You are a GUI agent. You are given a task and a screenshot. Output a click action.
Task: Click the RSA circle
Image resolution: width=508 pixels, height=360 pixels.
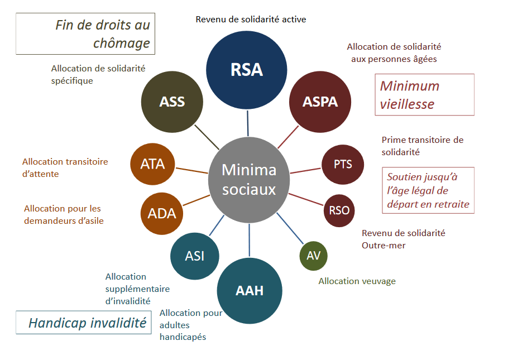247,70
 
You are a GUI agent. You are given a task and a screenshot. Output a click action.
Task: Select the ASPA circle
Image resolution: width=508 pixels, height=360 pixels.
320,102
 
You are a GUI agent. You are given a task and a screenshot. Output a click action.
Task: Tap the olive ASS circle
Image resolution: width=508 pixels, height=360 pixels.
172,102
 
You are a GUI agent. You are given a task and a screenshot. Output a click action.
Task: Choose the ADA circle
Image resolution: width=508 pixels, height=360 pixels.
162,213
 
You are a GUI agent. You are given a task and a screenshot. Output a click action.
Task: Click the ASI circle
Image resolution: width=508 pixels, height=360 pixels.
194,256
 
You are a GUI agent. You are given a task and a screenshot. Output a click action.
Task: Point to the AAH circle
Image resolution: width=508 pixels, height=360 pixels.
250,291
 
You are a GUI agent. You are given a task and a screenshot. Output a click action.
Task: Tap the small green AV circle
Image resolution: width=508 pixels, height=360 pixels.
313,256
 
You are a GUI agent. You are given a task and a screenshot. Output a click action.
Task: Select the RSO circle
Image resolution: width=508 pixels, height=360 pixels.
339,210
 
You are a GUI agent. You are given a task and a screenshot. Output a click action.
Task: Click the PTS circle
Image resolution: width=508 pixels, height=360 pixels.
342,165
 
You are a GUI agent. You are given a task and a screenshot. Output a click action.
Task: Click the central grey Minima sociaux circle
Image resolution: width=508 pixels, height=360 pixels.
249,179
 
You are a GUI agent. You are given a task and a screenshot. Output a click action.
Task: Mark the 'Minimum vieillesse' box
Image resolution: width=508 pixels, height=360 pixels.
424,95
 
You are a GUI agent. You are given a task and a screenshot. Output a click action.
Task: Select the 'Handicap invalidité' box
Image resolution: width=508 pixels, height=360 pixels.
84,323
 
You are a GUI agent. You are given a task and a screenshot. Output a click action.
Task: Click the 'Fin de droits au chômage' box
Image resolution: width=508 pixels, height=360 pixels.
85,34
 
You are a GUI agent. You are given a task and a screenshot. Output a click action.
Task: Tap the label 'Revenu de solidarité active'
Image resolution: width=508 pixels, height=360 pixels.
251,20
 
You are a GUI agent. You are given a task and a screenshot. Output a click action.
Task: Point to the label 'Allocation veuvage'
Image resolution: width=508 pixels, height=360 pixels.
357,281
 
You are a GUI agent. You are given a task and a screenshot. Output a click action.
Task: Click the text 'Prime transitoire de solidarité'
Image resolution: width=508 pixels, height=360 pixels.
422,146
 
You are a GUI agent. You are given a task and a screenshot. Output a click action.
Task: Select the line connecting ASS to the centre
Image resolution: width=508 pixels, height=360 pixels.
205,136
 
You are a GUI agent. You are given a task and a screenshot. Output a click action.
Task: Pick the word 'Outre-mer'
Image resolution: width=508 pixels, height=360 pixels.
384,245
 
